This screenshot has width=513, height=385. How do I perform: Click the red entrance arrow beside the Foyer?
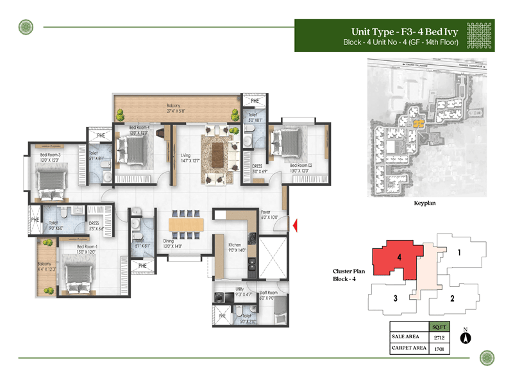click(295, 225)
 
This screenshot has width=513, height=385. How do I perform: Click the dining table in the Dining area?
click(187, 224)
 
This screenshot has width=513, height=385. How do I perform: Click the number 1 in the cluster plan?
click(459, 253)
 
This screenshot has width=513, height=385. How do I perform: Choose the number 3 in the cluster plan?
click(396, 298)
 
